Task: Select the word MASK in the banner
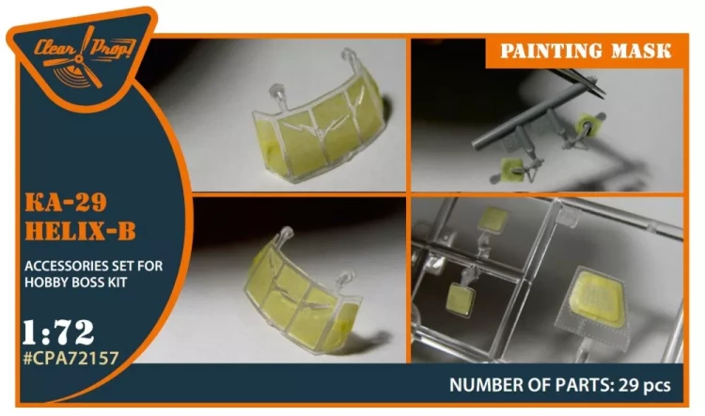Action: pyautogui.click(x=642, y=51)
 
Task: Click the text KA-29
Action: pyautogui.click(x=66, y=202)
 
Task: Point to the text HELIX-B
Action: pyautogui.click(x=80, y=231)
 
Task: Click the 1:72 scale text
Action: pyautogui.click(x=58, y=332)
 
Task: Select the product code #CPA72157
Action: pyautogui.click(x=70, y=358)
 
